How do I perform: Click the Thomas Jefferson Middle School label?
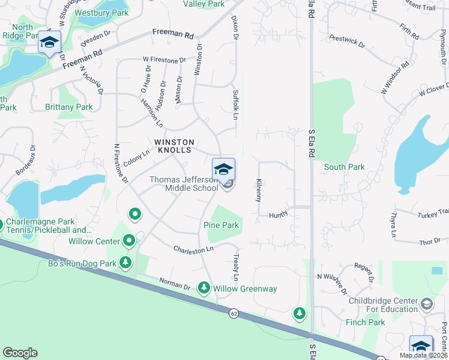point(184,184)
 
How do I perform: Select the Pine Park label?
point(221,226)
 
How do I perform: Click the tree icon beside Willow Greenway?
point(204,289)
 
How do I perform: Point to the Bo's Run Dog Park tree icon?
point(125,263)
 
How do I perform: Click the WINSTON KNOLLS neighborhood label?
point(175,146)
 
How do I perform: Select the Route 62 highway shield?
point(233,313)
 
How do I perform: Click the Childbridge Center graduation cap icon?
point(426,304)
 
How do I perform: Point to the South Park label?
point(344,167)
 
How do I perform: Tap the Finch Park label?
point(365,323)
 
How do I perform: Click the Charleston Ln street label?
point(193,248)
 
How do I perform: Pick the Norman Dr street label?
point(175,283)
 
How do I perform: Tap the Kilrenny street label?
point(259,190)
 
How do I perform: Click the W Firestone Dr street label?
point(164,60)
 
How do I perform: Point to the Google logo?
point(20,353)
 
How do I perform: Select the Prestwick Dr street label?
point(346,42)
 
